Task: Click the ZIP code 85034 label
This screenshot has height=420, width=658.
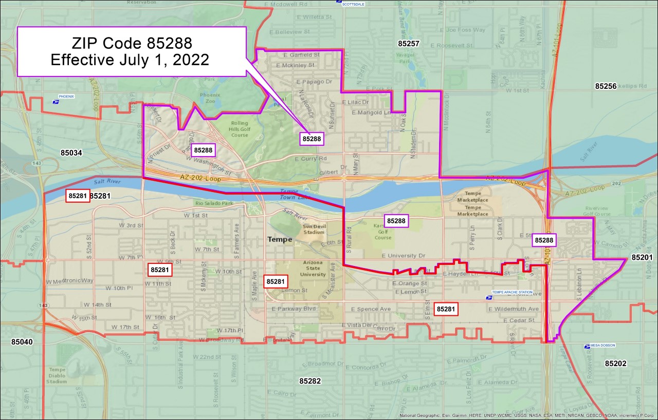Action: pyautogui.click(x=71, y=152)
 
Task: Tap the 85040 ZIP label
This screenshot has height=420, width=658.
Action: pyautogui.click(x=22, y=341)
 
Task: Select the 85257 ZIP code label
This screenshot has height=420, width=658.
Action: pyautogui.click(x=409, y=44)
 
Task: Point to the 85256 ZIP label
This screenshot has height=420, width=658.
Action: pyautogui.click(x=606, y=86)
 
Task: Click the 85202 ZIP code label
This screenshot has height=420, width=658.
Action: pyautogui.click(x=615, y=364)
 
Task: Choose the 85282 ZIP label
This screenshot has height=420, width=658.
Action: pyautogui.click(x=310, y=380)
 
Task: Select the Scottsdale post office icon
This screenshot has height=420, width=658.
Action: pyautogui.click(x=339, y=2)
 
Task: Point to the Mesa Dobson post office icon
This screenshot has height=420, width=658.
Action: pyautogui.click(x=587, y=346)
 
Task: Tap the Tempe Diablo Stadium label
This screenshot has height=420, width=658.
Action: pyautogui.click(x=57, y=375)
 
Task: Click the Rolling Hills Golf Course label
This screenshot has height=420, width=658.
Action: pyautogui.click(x=240, y=129)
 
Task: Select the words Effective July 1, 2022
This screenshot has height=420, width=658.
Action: pyautogui.click(x=130, y=60)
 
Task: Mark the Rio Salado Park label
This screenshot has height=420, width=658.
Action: pyautogui.click(x=214, y=203)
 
